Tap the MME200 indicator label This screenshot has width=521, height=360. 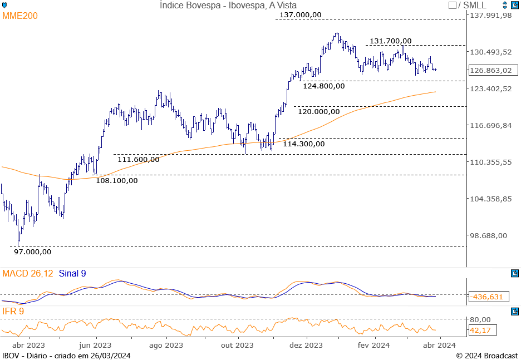20,16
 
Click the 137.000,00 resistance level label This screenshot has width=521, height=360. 301,14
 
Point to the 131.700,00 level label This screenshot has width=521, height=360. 391,41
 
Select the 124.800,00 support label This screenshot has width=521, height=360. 324,86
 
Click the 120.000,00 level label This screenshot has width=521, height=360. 318,111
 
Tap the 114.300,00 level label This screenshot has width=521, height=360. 303,144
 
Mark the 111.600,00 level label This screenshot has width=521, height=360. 139,159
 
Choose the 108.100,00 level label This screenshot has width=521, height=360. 117,180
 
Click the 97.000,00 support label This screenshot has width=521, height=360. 32,251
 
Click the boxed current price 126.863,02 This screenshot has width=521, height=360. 490,71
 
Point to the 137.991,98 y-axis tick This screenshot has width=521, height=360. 491,16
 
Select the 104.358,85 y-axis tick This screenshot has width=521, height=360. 491,199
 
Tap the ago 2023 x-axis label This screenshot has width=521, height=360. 166,345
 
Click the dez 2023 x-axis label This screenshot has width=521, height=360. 306,345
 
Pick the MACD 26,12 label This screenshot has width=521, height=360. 28,273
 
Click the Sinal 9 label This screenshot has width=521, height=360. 72,273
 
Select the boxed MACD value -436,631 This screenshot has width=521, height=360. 487,297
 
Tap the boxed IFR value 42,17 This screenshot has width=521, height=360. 481,331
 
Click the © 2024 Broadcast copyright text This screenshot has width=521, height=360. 487,356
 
